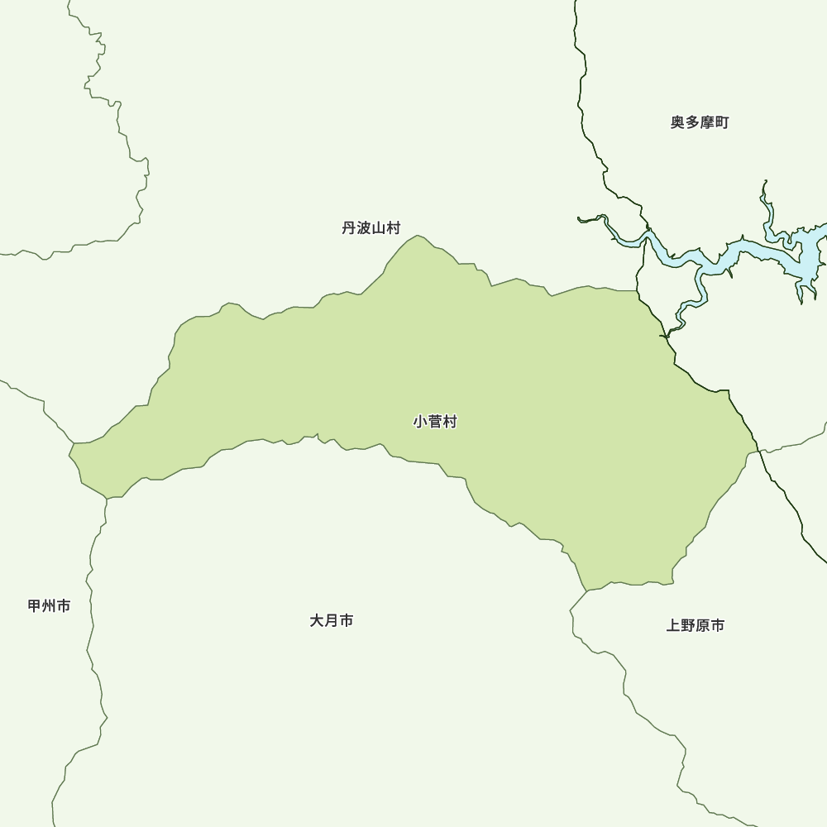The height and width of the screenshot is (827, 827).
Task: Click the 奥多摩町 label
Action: point(700,122)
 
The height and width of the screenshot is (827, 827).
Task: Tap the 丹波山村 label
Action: point(371,228)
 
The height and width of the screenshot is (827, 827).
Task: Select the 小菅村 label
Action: point(435,422)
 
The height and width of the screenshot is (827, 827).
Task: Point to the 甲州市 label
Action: point(49,606)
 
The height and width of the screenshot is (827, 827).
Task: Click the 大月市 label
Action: point(332,620)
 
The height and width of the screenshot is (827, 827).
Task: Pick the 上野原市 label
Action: point(696,626)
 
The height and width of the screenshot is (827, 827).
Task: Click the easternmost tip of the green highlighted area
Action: point(758,452)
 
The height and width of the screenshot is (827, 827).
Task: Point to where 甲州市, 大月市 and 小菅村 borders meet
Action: point(107,499)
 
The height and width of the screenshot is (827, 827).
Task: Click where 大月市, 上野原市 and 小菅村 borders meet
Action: point(586,591)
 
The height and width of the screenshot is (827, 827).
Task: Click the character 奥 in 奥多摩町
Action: point(677,122)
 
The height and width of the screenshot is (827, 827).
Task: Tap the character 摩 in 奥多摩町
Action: point(707,122)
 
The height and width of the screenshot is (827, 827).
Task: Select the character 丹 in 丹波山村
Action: point(349,228)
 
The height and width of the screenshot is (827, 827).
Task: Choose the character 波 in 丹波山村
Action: point(364,228)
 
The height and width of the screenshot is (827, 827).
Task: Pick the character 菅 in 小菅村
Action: point(435,422)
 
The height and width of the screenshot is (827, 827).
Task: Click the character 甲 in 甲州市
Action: point(35,606)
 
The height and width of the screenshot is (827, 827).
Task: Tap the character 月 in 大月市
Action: point(332,620)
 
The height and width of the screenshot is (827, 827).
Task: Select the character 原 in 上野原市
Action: point(703,626)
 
